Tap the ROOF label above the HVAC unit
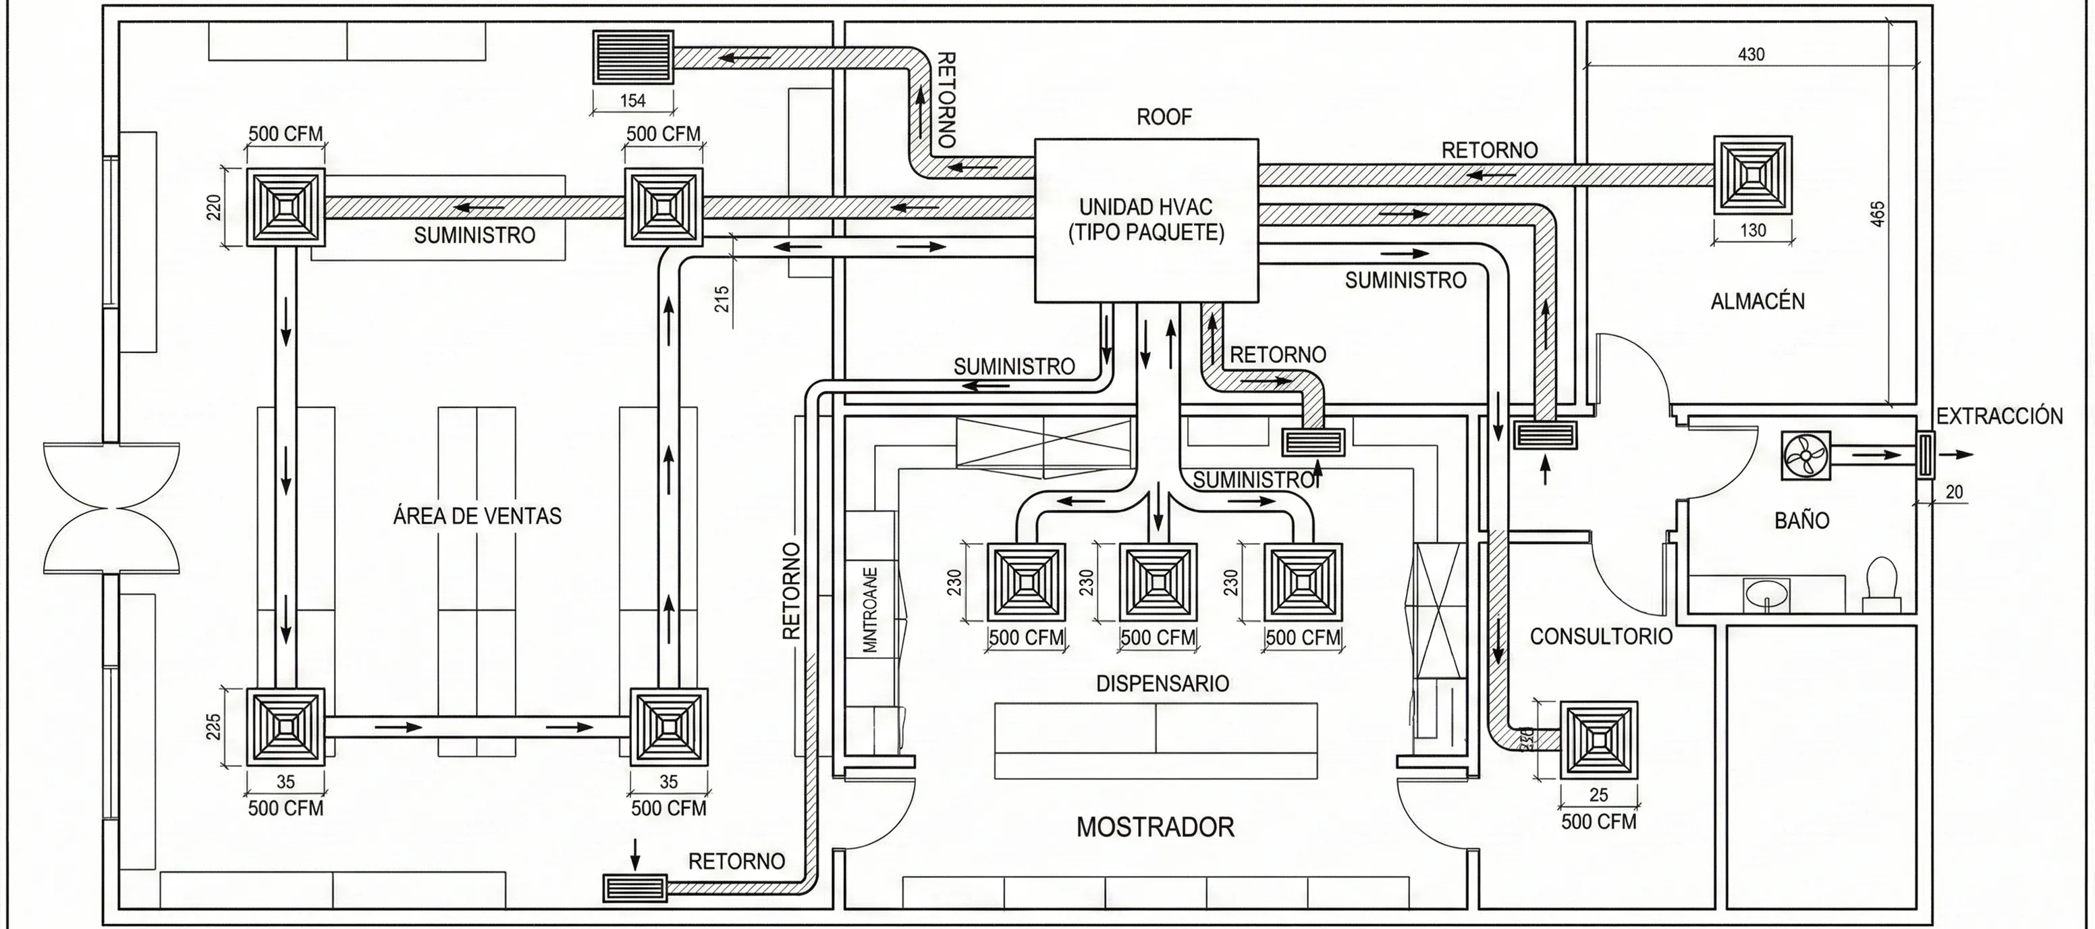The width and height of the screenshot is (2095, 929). coord(1163,117)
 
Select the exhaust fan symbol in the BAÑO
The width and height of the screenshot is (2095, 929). coord(1805,456)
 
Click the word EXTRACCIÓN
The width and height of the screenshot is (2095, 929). coord(1999,417)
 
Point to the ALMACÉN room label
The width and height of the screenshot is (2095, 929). coord(1757,302)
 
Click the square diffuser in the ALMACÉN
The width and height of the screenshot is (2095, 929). coord(1753,175)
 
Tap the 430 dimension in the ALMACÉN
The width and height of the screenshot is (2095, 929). coord(1750,55)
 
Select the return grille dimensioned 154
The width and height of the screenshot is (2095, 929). coord(632,57)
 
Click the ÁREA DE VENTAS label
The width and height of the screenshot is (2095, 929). coord(477,516)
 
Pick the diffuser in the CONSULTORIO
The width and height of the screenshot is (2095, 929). coord(1598,739)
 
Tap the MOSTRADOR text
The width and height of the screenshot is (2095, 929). coord(1155,827)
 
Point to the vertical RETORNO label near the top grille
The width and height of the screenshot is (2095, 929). coord(945,99)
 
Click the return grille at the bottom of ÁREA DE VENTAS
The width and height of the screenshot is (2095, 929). coord(634,888)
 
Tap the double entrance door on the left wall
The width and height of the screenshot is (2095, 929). coord(111,508)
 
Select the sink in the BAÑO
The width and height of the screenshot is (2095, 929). coord(1766,592)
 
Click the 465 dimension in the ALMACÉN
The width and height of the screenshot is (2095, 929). coord(1878,214)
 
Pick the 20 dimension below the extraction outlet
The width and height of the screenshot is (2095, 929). coord(1953,492)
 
